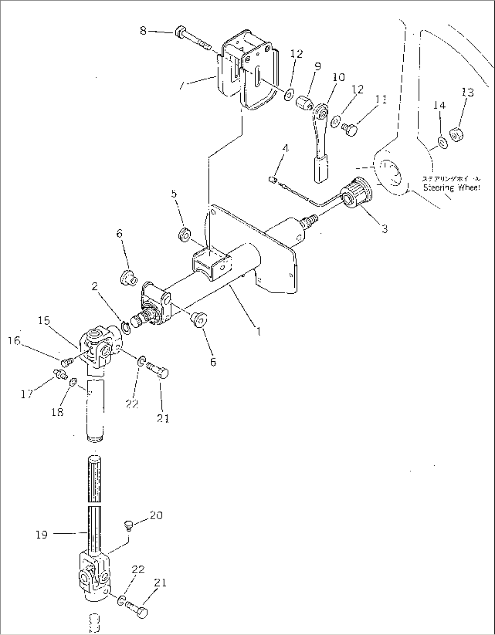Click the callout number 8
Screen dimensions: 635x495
click(x=143, y=31)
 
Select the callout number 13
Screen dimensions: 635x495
click(x=467, y=93)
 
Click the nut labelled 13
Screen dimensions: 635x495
click(x=456, y=135)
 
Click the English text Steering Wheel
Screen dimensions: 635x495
click(x=451, y=188)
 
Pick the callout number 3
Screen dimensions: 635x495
click(x=384, y=229)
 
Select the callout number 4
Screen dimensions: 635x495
click(x=285, y=148)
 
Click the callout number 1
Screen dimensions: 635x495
click(x=258, y=331)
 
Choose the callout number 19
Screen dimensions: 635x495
click(x=41, y=535)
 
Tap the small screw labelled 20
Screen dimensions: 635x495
click(x=128, y=526)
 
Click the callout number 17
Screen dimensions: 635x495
click(x=27, y=394)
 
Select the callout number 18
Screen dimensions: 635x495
click(x=58, y=412)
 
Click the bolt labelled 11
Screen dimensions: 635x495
click(x=351, y=130)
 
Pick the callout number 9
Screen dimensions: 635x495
click(x=317, y=67)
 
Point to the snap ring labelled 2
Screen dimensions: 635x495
click(x=126, y=327)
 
